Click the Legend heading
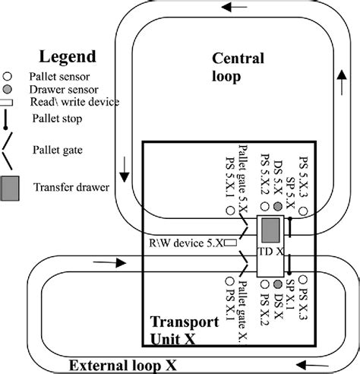click(68, 57)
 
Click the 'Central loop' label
click(237, 67)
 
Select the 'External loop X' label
click(118, 364)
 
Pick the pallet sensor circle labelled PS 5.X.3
click(303, 214)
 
